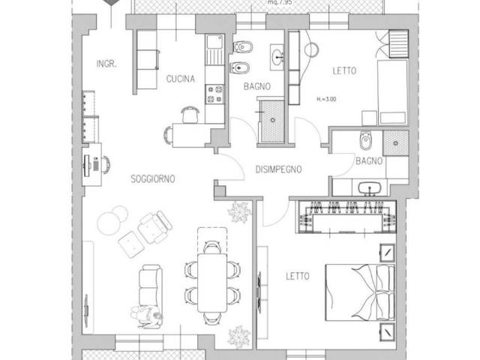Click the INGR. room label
106,64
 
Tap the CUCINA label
181,79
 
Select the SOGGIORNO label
153,178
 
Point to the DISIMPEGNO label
278,169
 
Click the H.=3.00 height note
326,99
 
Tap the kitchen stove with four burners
215,94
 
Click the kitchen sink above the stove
215,49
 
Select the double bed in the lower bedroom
360,292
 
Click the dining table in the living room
212,283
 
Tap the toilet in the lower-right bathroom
365,140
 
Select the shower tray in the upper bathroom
271,121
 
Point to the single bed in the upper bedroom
392,92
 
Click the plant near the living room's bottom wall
238,337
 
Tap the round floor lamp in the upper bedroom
312,50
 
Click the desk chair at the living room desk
106,164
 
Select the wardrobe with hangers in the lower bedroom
346,217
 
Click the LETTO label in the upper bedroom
344,71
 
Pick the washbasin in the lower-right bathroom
370,188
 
